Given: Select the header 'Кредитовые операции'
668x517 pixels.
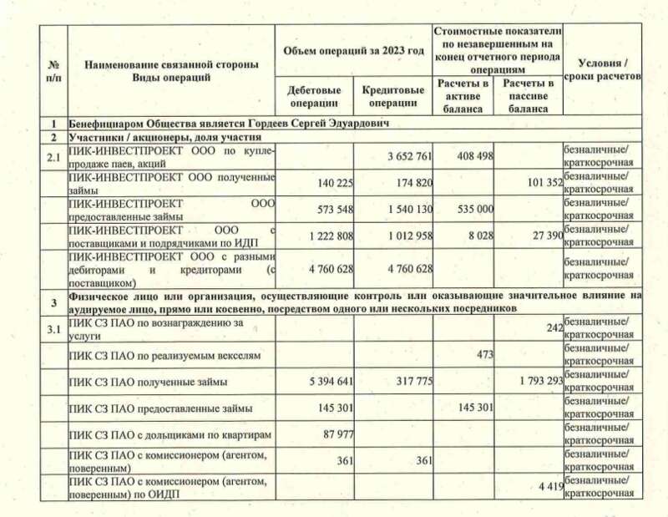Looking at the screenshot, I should [x=390, y=97].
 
